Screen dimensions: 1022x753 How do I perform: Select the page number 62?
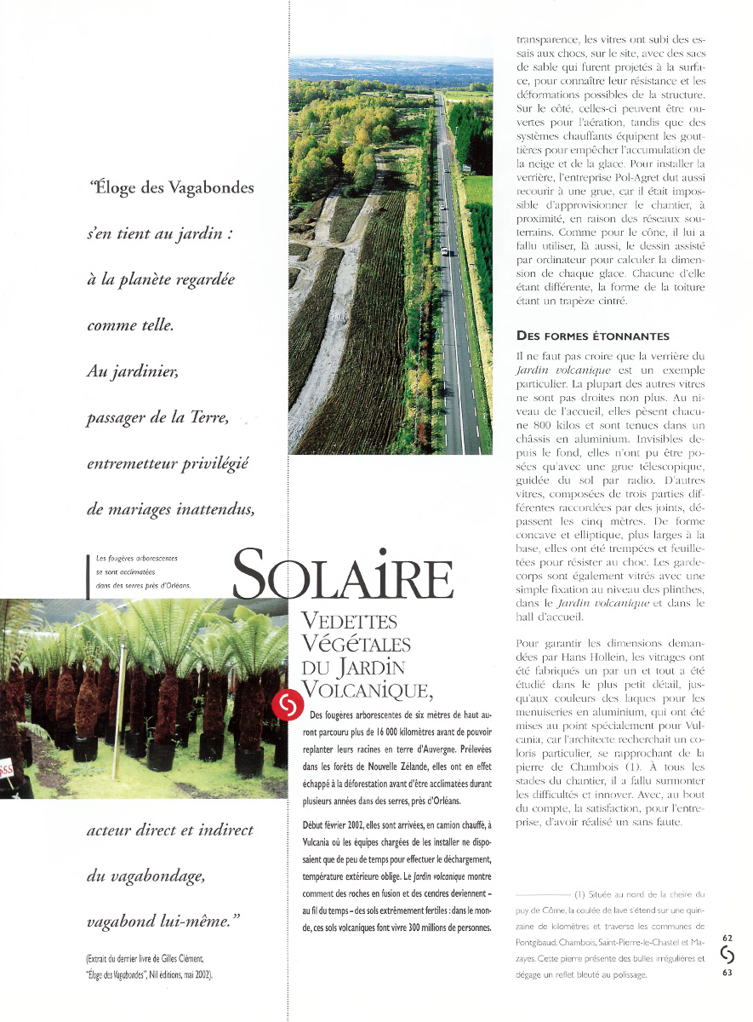(727, 938)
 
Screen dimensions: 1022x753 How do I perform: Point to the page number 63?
(727, 975)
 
